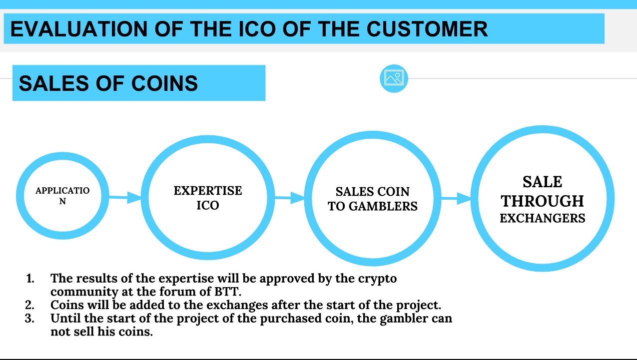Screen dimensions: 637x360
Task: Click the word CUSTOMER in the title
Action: tap(427, 28)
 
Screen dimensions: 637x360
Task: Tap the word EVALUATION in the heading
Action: tap(79, 28)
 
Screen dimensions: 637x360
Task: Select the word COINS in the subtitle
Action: tap(164, 83)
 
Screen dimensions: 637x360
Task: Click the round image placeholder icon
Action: tap(394, 78)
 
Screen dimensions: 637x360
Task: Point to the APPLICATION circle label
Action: tap(62, 196)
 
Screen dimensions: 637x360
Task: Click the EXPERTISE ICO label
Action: tap(208, 198)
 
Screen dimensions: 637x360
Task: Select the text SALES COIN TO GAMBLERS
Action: tap(373, 199)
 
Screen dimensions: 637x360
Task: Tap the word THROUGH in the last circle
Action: tap(542, 201)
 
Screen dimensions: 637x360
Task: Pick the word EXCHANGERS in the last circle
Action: tap(542, 218)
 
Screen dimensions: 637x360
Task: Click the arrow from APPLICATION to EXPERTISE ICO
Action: tap(125, 197)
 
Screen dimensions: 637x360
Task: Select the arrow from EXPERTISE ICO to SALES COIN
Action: tap(289, 198)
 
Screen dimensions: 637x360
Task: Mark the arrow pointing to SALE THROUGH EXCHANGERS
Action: tap(456, 198)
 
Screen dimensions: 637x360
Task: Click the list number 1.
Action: tap(30, 279)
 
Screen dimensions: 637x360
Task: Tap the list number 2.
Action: tap(29, 305)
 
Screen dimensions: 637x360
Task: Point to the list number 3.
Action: tap(29, 318)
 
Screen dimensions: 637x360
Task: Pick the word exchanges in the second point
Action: tap(237, 305)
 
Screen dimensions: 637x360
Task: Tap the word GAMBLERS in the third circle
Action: tap(383, 206)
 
